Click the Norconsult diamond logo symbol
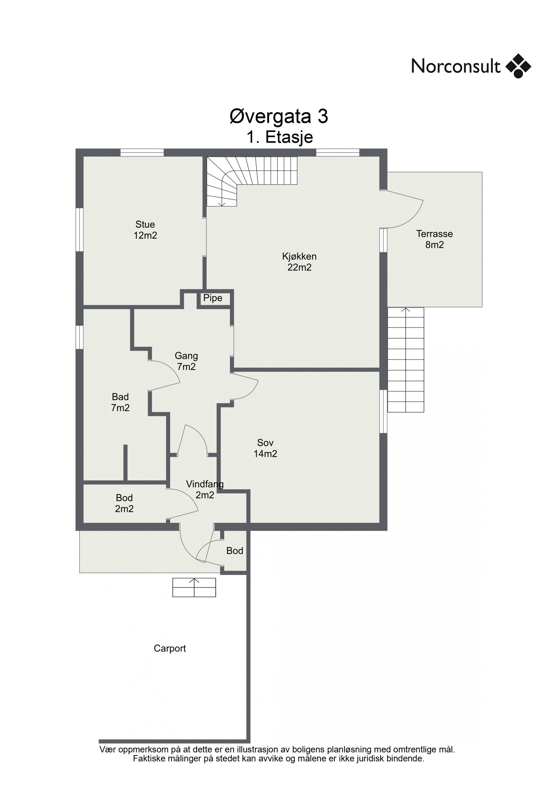518,66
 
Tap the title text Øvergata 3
279,117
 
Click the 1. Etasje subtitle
279,137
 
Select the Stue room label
145,224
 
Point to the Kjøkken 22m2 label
299,262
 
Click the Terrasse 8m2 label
434,239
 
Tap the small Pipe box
213,298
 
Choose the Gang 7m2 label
186,361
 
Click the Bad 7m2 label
120,402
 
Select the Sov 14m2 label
265,448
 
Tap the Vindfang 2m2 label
205,489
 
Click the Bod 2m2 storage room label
124,503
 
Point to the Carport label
170,648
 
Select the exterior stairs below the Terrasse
406,360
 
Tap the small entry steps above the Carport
194,587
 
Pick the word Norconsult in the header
456,66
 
